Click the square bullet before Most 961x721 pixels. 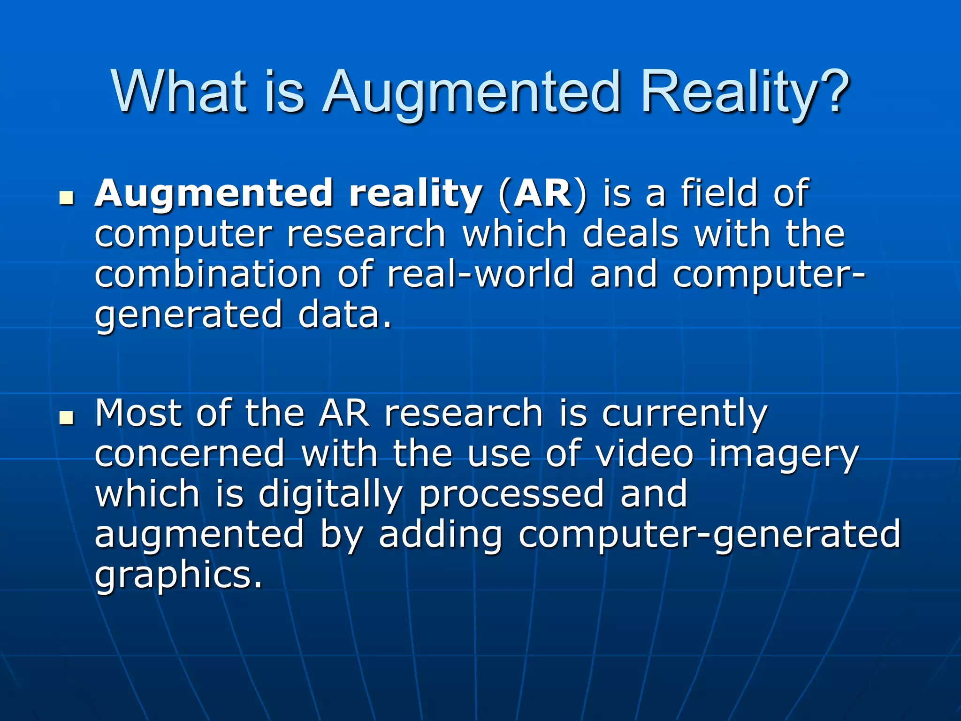click(x=67, y=417)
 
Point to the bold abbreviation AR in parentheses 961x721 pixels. click(x=542, y=193)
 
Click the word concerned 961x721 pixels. click(x=190, y=453)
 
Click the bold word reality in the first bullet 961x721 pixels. click(x=416, y=194)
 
